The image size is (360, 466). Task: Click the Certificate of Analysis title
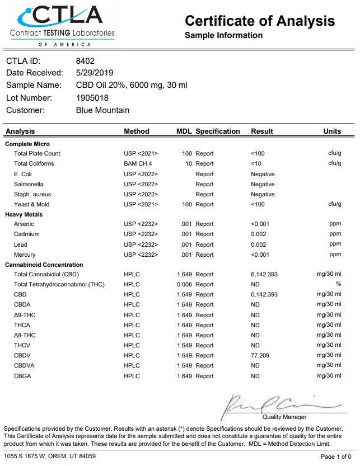tap(260, 21)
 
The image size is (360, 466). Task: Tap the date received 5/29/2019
tap(95, 73)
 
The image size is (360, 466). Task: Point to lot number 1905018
tap(92, 98)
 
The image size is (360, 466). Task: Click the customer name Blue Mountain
tap(102, 110)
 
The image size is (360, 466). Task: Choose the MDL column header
tap(184, 131)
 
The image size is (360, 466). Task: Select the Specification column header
tap(218, 131)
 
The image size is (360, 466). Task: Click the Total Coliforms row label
tap(34, 164)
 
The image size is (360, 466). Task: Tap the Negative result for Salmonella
tap(263, 184)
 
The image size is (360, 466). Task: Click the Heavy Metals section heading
tap(24, 214)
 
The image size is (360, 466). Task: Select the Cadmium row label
tap(27, 234)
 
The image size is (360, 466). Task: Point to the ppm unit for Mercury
tap(335, 255)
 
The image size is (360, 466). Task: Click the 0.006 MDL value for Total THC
tap(184, 285)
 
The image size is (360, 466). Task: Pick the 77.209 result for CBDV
tap(260, 355)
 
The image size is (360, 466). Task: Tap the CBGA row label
tap(23, 376)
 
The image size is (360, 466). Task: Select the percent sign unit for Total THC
tap(338, 284)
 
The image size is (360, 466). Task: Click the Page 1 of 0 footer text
tap(336, 457)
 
